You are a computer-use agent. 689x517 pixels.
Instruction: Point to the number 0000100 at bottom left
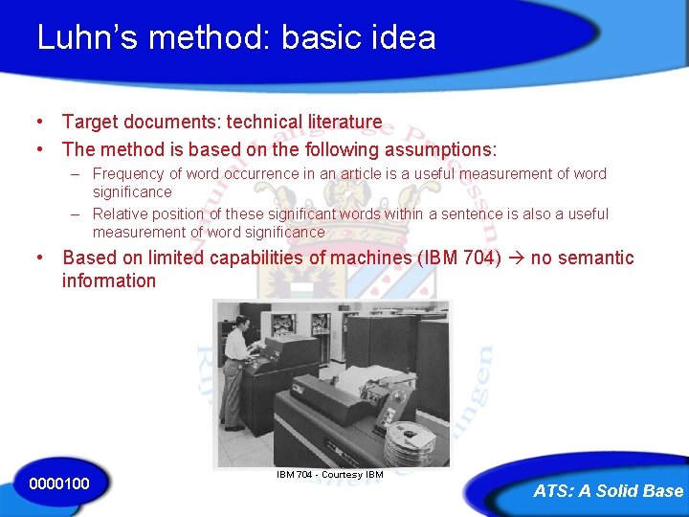point(59,483)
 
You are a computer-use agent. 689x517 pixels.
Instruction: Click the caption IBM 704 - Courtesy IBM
point(329,475)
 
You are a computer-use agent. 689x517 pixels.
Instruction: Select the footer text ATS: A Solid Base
point(608,491)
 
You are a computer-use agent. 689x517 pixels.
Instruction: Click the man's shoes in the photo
point(229,426)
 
